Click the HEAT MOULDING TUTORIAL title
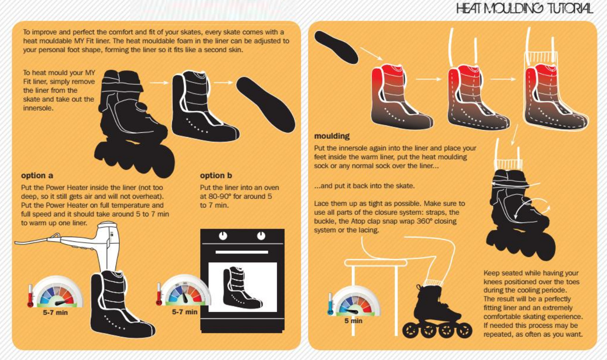[x=524, y=8]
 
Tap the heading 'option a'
[x=37, y=175]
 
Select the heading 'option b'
[x=216, y=175]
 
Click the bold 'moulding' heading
[x=332, y=136]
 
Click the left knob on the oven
[x=223, y=236]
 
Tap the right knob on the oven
[x=261, y=236]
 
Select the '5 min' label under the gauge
[x=354, y=321]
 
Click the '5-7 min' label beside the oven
[x=185, y=312]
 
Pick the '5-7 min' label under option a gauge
[x=55, y=313]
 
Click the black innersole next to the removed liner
[x=266, y=105]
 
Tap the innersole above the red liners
[x=336, y=48]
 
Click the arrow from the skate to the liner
[x=159, y=83]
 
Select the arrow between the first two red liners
[x=428, y=79]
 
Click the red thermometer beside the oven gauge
[x=159, y=294]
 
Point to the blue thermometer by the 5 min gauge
[x=330, y=304]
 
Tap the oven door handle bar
[x=242, y=252]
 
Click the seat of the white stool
[x=376, y=262]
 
